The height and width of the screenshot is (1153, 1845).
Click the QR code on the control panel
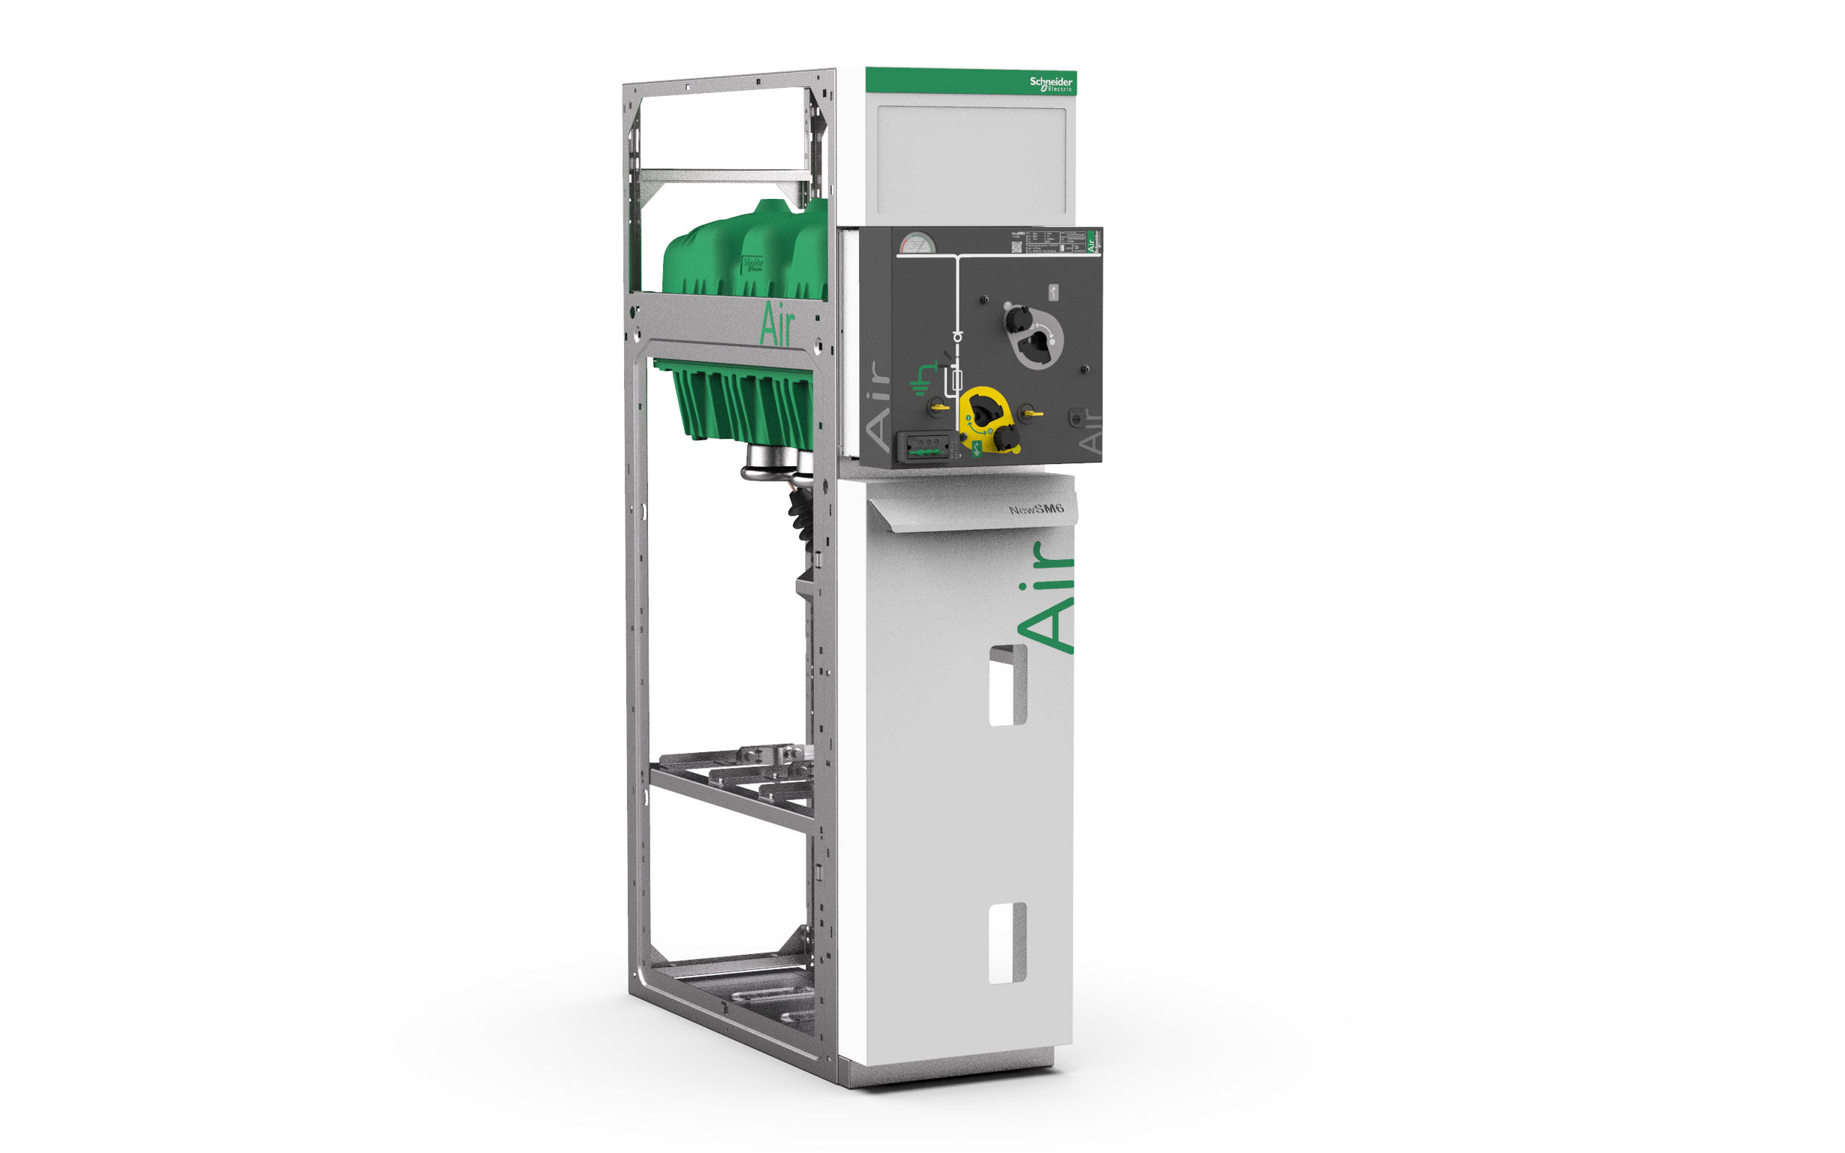coord(1016,246)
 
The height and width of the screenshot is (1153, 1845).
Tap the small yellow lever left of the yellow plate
coord(937,407)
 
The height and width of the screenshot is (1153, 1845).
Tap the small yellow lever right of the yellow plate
coord(1030,414)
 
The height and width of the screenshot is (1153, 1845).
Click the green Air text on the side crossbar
coord(776,326)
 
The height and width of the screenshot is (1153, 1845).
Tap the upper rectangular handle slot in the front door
coord(1007,685)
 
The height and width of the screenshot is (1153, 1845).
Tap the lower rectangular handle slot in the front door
coord(1007,944)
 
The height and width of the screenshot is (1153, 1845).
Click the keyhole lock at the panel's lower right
coord(1076,418)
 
